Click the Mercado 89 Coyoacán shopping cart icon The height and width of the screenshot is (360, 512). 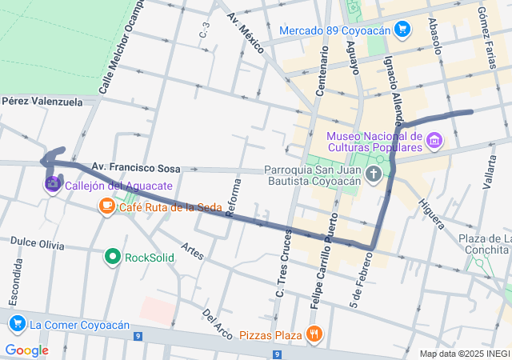coord(402,31)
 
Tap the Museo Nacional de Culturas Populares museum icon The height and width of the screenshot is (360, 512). coord(434,142)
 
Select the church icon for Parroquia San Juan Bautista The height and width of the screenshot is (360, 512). coord(373,174)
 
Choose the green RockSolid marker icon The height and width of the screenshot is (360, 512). coord(113,258)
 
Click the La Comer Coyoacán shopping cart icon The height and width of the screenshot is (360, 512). coord(17,324)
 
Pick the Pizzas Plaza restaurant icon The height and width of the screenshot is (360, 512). coord(315,334)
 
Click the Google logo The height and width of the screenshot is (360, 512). coord(26,350)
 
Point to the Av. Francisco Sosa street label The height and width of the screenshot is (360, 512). coord(135,168)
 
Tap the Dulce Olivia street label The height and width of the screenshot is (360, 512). coord(37,243)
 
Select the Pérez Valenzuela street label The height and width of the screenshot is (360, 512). coord(42,102)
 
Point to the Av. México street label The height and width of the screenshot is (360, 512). coord(245,33)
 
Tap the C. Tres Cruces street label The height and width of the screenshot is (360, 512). coord(282,263)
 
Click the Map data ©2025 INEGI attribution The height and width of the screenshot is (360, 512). coord(465,354)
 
